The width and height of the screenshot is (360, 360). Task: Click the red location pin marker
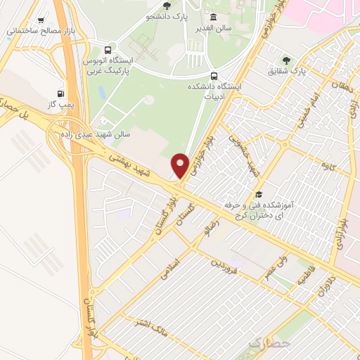[x=181, y=165]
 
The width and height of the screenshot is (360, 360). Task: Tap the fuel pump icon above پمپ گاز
[x=60, y=94]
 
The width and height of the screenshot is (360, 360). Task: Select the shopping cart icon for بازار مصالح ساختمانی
[x=41, y=21]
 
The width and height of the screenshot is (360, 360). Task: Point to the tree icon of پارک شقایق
[x=285, y=60]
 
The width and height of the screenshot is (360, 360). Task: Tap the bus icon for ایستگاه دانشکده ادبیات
[x=214, y=76]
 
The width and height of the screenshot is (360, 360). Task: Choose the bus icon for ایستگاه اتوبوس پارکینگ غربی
[x=108, y=50]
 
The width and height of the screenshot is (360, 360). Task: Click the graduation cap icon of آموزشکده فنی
[x=259, y=194]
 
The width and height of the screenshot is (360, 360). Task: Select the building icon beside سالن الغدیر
[x=213, y=18]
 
